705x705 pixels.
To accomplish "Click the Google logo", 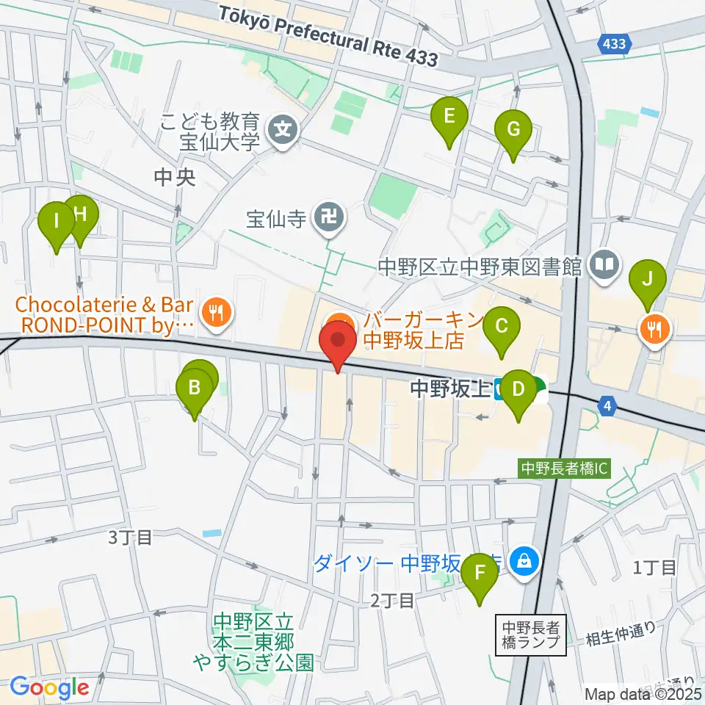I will [x=49, y=688].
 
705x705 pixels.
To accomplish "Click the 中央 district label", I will [x=175, y=178].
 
